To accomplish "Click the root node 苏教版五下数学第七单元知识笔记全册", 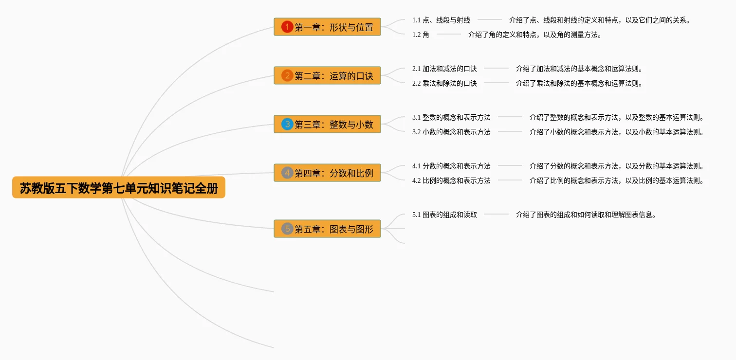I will click(x=119, y=188).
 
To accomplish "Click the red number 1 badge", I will click(x=287, y=27).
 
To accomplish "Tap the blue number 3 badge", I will click(x=287, y=125).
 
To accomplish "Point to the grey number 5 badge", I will click(x=287, y=229).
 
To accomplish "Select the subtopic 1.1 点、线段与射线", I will click(x=441, y=20).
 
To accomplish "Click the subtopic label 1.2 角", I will click(x=421, y=35).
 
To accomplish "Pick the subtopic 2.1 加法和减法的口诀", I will click(x=444, y=69).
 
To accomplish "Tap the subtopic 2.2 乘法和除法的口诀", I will click(x=444, y=83).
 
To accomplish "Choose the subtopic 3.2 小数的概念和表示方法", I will click(x=451, y=132).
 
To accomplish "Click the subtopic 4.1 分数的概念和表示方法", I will click(x=451, y=166).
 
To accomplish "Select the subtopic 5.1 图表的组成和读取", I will click(x=444, y=215).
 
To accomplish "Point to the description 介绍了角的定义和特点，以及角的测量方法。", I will click(x=535, y=35).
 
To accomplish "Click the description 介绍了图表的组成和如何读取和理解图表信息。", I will click(x=586, y=215).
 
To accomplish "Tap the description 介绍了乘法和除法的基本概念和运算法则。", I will click(x=579, y=83).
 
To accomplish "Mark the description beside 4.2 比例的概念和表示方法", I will click(x=617, y=180).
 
